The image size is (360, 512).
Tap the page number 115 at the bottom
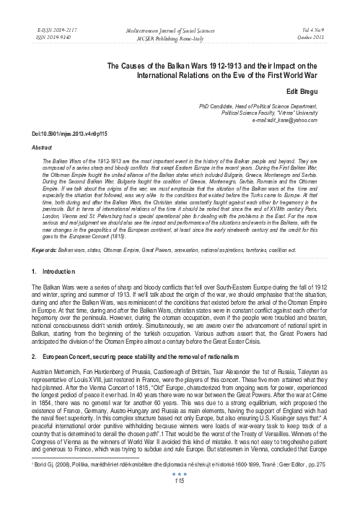tap(180, 501)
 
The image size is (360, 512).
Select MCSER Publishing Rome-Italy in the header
tap(180, 33)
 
